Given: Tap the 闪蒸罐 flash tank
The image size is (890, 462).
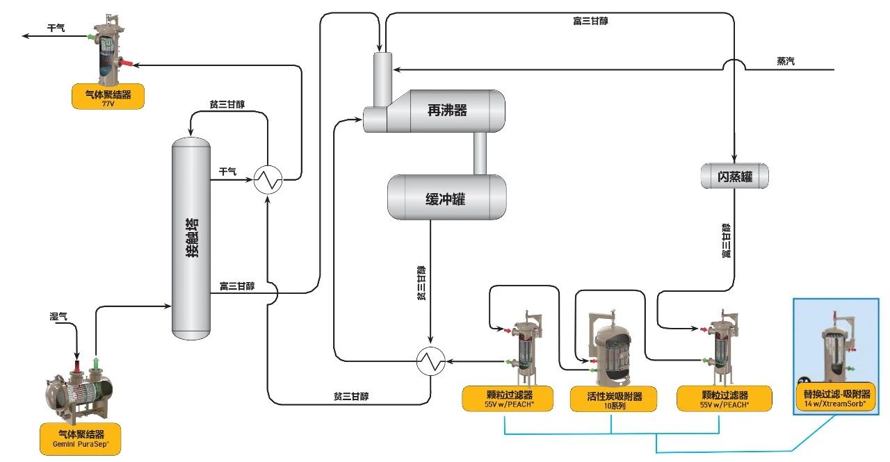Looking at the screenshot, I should click(735, 176).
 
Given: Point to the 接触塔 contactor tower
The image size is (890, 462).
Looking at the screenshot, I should click(191, 240).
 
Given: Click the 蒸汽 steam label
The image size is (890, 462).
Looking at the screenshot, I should click(786, 61).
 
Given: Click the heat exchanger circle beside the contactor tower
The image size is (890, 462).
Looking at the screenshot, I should click(267, 181).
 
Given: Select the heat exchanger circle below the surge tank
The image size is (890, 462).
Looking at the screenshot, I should click(431, 361).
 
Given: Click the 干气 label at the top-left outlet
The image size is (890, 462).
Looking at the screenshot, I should click(56, 28).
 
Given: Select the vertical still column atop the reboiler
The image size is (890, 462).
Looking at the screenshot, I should click(381, 81).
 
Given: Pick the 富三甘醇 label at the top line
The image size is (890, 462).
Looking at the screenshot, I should click(590, 21).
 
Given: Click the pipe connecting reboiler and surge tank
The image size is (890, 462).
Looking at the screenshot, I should click(480, 153).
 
